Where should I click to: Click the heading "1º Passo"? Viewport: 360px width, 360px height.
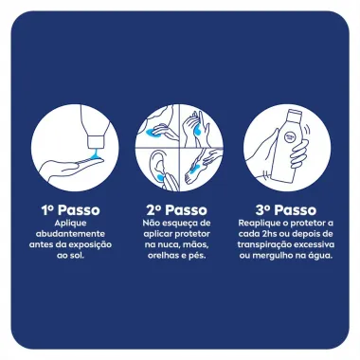(71, 208)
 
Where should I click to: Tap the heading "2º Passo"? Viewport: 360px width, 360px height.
(180, 208)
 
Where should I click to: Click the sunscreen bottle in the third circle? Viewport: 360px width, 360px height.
(291, 151)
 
